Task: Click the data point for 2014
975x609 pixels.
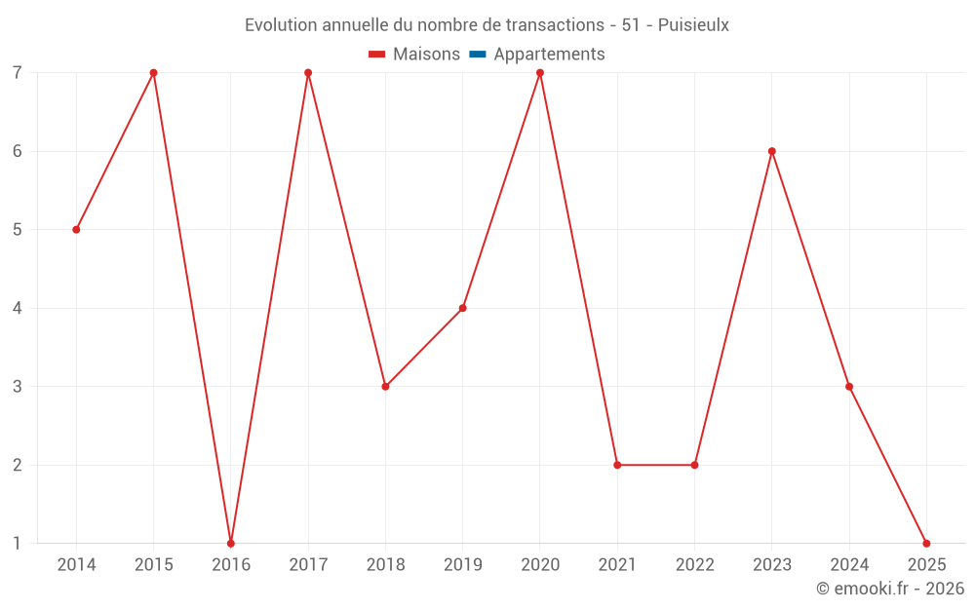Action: tap(76, 230)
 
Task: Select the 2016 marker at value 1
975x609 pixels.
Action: tap(231, 543)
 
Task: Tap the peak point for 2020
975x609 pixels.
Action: tap(540, 73)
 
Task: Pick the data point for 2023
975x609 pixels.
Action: tap(772, 151)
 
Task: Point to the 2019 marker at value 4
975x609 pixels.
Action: tap(463, 308)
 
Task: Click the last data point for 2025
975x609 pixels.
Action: tap(926, 543)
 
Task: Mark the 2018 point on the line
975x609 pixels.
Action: tap(385, 387)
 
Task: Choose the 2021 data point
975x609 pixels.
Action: tap(617, 465)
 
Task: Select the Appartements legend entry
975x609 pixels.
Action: tap(549, 55)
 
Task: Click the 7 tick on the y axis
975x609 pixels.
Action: tap(17, 73)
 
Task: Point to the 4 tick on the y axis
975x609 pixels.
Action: tap(17, 308)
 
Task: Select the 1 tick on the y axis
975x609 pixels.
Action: tap(17, 543)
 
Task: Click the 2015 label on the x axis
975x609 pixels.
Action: tap(154, 564)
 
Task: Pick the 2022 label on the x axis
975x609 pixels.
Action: tap(694, 564)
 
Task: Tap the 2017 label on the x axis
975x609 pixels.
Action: tap(308, 564)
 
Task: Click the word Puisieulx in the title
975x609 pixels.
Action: tap(693, 25)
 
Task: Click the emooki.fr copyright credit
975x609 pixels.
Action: tap(890, 589)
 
